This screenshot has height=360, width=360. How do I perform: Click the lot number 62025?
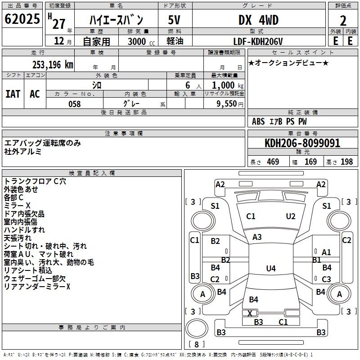click(x=22, y=19)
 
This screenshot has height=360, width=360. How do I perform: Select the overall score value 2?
click(x=343, y=20)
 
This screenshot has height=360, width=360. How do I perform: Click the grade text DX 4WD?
click(x=258, y=20)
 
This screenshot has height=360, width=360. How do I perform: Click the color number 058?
click(x=74, y=104)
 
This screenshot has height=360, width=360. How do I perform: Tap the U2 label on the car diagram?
click(x=291, y=216)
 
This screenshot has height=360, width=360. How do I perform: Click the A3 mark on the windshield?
click(x=257, y=237)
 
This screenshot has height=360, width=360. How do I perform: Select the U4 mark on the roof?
click(x=270, y=269)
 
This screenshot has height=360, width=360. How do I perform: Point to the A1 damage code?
click(x=326, y=252)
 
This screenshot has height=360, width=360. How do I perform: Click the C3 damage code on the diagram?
click(x=326, y=279)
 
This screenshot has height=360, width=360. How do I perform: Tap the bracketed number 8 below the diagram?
click(x=196, y=345)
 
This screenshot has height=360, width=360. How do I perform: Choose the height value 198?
click(x=346, y=162)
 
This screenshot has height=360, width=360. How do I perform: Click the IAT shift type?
click(x=13, y=94)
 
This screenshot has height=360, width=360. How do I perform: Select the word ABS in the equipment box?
click(x=258, y=121)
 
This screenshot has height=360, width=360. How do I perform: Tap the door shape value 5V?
click(x=174, y=20)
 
